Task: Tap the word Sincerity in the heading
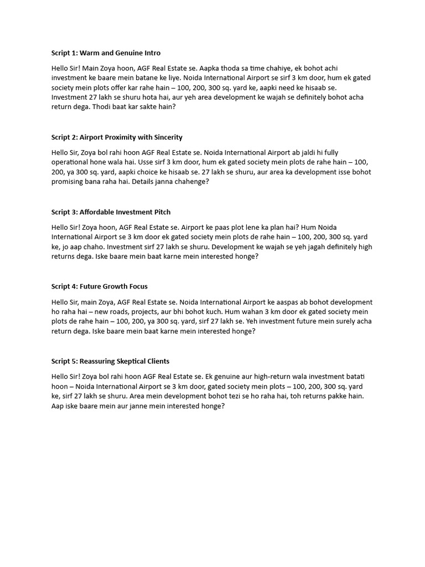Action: [165, 137]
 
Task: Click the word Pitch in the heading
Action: [160, 212]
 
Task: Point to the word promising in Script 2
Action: [69, 181]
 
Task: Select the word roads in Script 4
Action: [121, 312]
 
